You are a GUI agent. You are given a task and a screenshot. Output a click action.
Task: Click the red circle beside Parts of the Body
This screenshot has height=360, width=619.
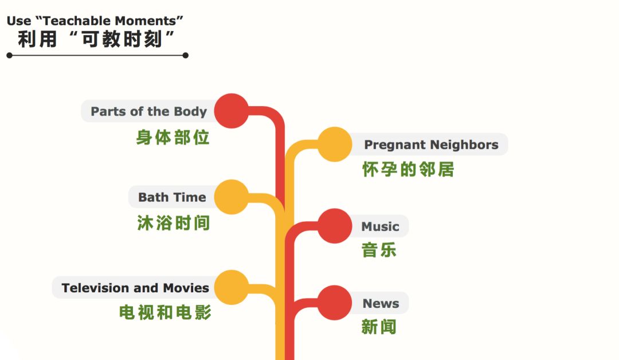[x=232, y=111]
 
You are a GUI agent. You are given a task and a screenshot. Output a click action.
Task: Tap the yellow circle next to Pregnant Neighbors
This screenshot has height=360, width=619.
[x=335, y=144]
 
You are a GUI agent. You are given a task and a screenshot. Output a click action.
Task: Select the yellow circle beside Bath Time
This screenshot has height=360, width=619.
[x=232, y=197]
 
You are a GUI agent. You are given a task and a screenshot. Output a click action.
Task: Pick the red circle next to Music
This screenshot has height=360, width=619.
[x=335, y=226]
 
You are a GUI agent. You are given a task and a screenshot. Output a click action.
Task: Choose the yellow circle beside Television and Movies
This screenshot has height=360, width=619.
[x=232, y=287]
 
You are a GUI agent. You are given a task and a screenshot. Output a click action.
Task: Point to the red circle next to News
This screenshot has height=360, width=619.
[x=335, y=303]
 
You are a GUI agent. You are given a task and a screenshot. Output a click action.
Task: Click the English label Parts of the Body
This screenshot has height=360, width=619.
[x=149, y=112]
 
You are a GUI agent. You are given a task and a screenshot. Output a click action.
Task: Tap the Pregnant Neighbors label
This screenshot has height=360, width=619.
[x=431, y=145]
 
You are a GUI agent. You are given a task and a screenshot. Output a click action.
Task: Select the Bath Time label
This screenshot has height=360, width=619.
[x=172, y=197]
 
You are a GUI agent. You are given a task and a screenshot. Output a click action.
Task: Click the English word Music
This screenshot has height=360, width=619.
[x=380, y=226]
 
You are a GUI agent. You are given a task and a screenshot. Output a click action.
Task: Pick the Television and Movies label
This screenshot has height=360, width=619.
[x=135, y=288]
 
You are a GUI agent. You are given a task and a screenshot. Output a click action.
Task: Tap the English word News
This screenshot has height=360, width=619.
[x=381, y=303]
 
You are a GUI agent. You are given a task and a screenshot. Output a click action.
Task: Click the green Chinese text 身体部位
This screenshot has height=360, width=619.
[x=173, y=138]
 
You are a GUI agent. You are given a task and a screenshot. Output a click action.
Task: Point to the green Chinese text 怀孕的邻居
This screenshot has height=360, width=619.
[x=408, y=170]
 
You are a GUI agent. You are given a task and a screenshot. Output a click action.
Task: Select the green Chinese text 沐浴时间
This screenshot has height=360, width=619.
[x=174, y=223]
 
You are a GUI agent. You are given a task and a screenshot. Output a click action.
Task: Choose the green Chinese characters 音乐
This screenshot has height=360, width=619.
[x=379, y=251]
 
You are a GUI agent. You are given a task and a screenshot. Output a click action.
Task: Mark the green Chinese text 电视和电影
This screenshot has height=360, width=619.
[x=166, y=312]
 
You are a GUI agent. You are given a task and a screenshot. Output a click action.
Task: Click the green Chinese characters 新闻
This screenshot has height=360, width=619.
[x=379, y=327]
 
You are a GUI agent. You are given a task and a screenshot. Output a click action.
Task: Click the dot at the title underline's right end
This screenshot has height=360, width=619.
[x=186, y=56]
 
